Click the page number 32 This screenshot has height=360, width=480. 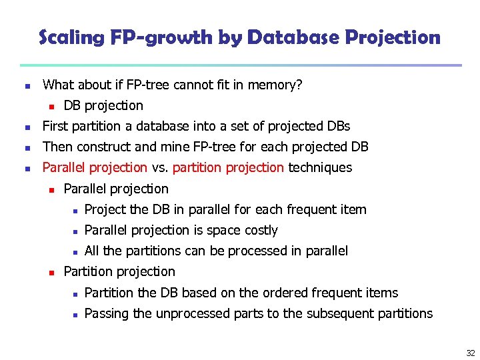[x=471, y=353]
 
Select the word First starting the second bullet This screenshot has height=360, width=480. [x=55, y=126]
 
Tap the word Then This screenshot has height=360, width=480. [x=57, y=147]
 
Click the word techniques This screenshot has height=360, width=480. [x=319, y=167]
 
